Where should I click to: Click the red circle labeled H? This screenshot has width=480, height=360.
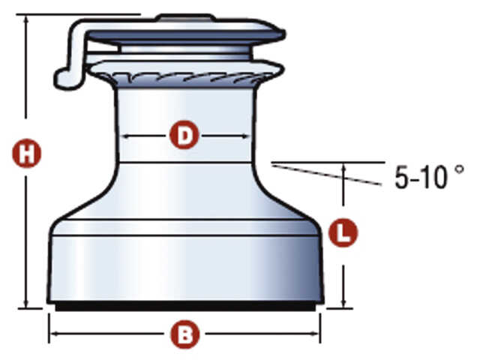pyautogui.click(x=27, y=153)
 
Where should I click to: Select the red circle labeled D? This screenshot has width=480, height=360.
pyautogui.click(x=184, y=135)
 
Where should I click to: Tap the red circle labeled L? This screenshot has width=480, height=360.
pyautogui.click(x=343, y=232)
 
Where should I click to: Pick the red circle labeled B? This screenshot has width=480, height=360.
pyautogui.click(x=184, y=334)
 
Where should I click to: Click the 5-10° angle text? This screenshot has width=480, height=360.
pyautogui.click(x=429, y=177)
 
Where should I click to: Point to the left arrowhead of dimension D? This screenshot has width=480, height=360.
pyautogui.click(x=126, y=136)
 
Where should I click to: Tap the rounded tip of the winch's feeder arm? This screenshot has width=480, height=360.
pyautogui.click(x=61, y=79)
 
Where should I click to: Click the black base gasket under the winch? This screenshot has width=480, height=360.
pyautogui.click(x=185, y=307)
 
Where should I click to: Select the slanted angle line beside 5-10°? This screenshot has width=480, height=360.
pyautogui.click(x=327, y=175)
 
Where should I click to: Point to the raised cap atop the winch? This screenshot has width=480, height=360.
pyautogui.click(x=185, y=17)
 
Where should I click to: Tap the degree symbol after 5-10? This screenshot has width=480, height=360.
pyautogui.click(x=460, y=170)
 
